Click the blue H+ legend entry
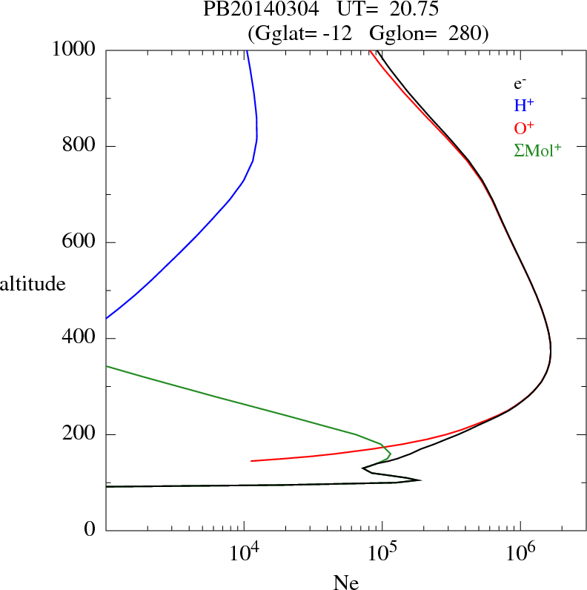(524, 106)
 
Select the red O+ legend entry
(525, 128)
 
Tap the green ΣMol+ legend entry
(537, 150)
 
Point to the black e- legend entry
(520, 84)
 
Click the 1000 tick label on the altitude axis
(74, 50)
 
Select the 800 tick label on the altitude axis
(79, 146)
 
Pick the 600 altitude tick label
(79, 242)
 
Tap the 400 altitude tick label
(79, 339)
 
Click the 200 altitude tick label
(79, 435)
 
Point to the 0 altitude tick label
(91, 531)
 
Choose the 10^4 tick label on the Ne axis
(245, 551)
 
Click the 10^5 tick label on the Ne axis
(384, 551)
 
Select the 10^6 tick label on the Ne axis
(522, 551)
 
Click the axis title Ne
(345, 583)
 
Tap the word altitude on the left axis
(33, 284)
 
